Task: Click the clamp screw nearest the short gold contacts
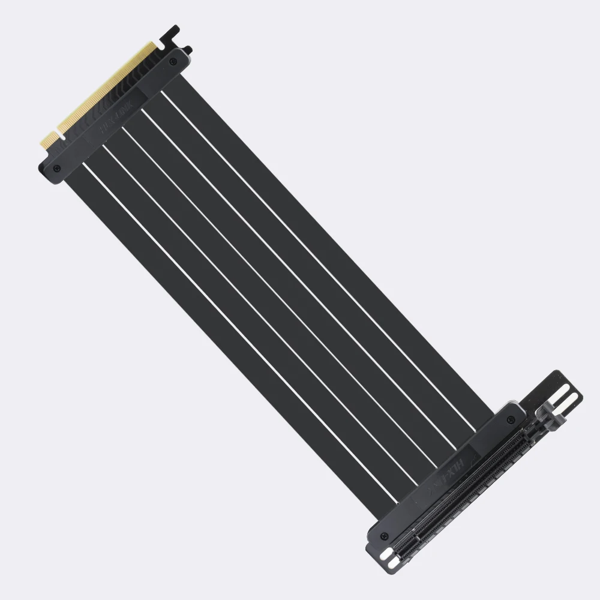click(x=56, y=167)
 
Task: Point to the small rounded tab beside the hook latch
click(x=188, y=50)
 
